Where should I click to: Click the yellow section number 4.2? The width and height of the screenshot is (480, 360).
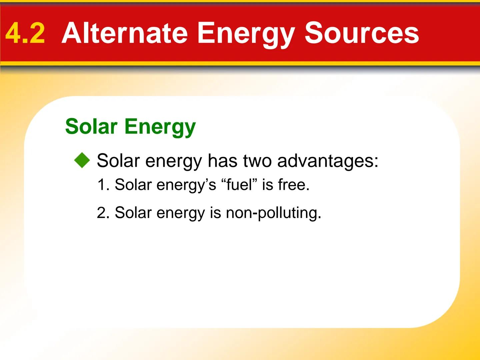pyautogui.click(x=25, y=33)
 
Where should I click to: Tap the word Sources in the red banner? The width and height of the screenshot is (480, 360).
pyautogui.click(x=362, y=33)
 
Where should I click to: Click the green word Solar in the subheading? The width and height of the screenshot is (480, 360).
pyautogui.click(x=91, y=127)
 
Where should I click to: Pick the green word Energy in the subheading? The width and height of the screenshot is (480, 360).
pyautogui.click(x=160, y=127)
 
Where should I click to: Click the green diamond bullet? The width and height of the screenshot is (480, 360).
pyautogui.click(x=82, y=160)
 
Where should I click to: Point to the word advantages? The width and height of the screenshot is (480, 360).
pyautogui.click(x=328, y=161)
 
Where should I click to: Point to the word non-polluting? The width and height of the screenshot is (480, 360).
pyautogui.click(x=273, y=213)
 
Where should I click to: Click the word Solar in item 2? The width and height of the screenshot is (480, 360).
pyautogui.click(x=133, y=213)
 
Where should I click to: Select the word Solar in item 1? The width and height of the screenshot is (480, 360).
pyautogui.click(x=133, y=185)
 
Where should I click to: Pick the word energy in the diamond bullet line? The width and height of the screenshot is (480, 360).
pyautogui.click(x=174, y=161)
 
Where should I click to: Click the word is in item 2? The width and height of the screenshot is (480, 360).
pyautogui.click(x=215, y=213)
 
